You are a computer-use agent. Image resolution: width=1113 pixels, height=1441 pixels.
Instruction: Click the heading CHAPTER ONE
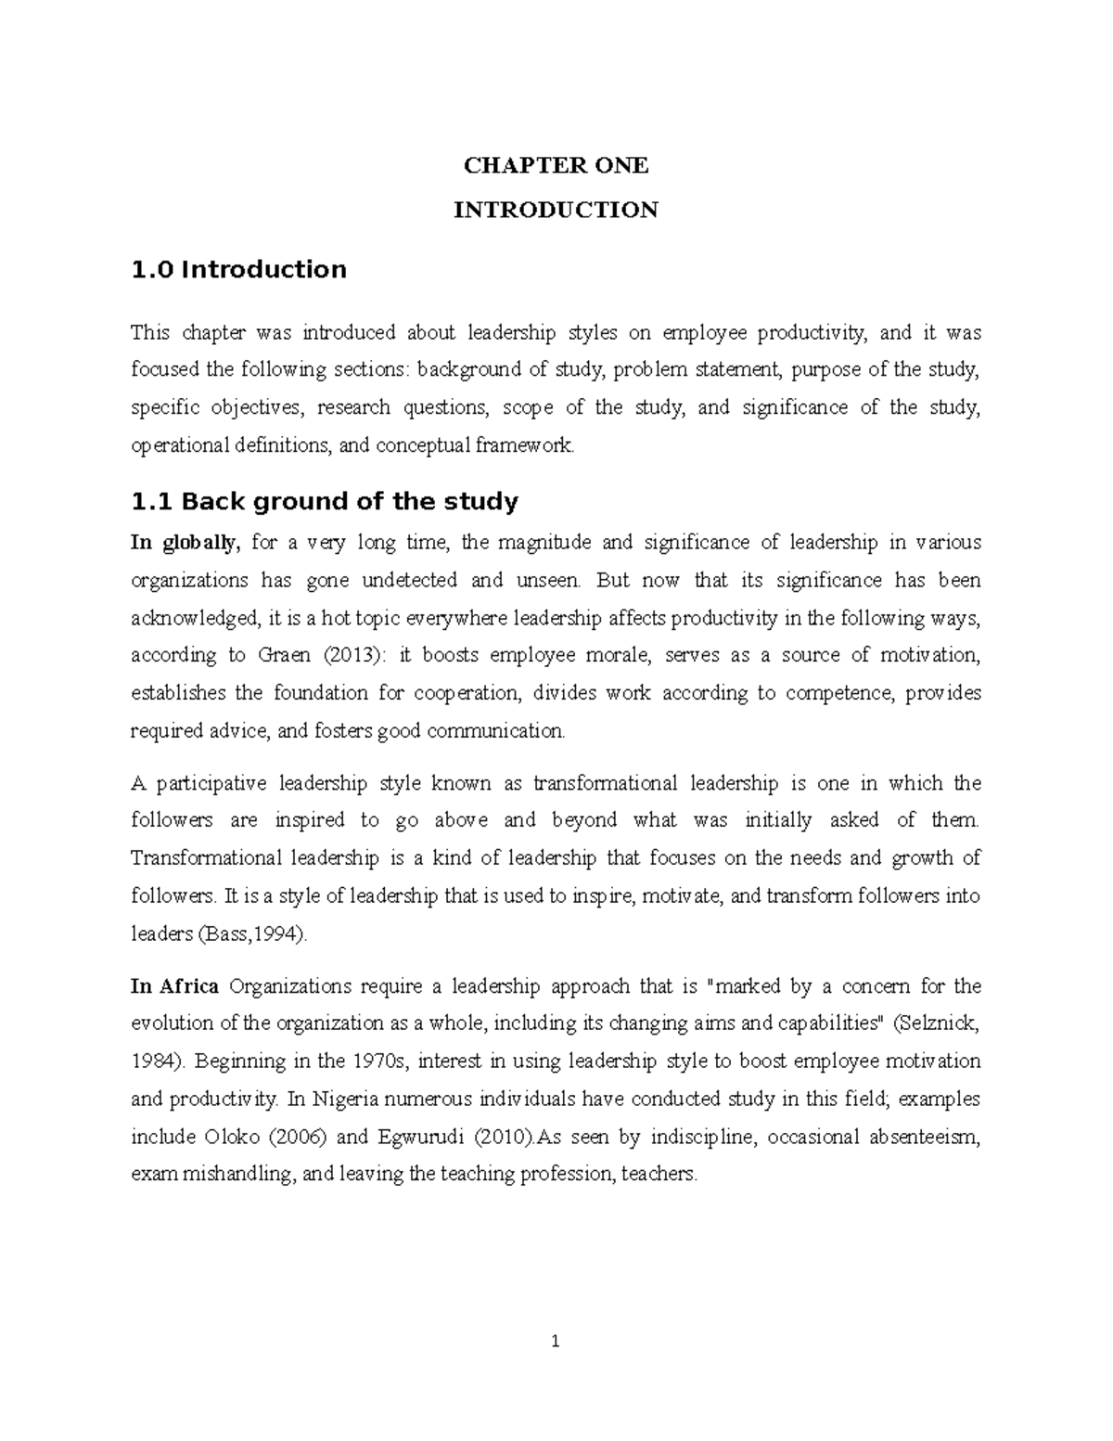[556, 166]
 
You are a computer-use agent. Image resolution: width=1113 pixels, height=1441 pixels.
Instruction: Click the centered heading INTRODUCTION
[556, 211]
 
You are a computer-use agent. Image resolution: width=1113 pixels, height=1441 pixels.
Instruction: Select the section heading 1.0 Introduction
[238, 270]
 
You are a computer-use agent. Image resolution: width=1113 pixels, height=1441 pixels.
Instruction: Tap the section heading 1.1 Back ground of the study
[325, 502]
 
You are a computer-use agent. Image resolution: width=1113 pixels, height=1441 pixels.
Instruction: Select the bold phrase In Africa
[174, 986]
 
